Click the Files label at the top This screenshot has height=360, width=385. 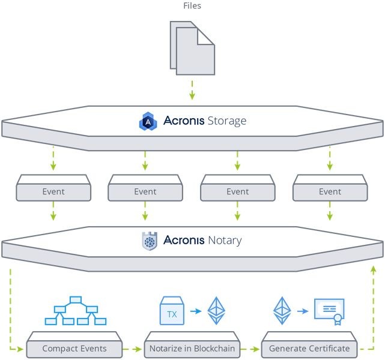pos(192,5)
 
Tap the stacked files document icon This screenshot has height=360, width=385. pos(192,48)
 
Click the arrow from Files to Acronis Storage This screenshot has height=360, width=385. pos(192,90)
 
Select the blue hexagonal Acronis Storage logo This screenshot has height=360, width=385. pos(148,121)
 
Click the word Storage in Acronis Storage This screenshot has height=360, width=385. pos(227,121)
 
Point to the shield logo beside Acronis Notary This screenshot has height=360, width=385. pos(150,241)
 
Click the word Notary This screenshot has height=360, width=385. pos(225,241)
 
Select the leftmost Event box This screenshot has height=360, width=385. pos(53,188)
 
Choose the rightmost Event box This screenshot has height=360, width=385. pos(330,188)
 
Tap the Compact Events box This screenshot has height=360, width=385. pos(74,345)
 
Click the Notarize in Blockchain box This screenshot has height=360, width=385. pos(192,345)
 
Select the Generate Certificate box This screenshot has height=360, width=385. pos(309,345)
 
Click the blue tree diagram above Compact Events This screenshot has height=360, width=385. pos(76,311)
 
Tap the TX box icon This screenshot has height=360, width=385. pos(172,311)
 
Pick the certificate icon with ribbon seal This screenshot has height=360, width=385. pos(330,311)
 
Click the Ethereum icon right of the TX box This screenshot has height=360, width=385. pos(216,311)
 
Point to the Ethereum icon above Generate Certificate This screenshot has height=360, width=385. pos(282,311)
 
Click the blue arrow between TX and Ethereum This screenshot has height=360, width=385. pos(196,311)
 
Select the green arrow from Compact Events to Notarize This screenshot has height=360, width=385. pos(132,349)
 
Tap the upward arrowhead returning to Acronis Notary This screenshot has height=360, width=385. pos(373,270)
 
